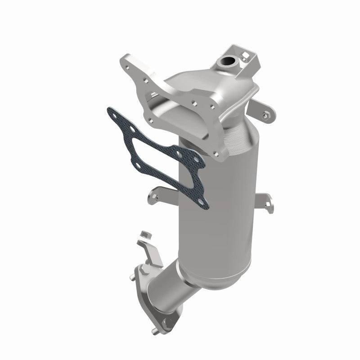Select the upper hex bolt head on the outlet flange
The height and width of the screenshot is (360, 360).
139,272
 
